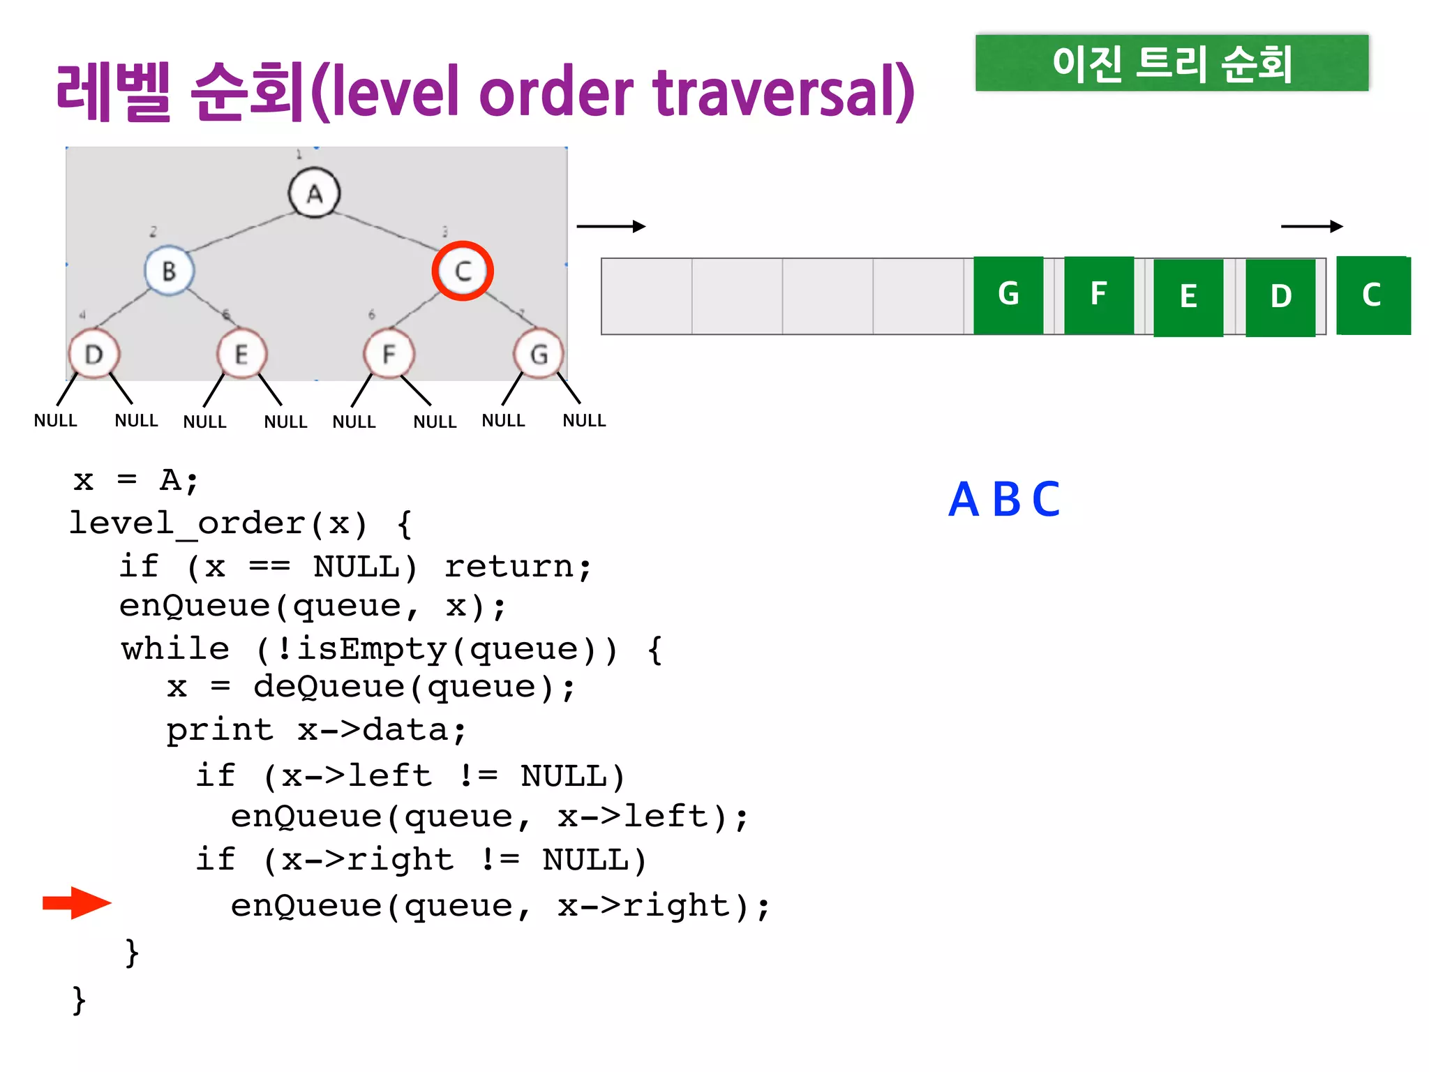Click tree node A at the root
[314, 193]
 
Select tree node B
[169, 271]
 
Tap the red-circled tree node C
[463, 271]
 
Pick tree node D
[94, 355]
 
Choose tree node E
[241, 355]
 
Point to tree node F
[389, 355]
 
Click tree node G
[539, 355]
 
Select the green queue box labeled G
[1008, 295]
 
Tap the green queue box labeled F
[1098, 295]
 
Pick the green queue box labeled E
[1188, 297]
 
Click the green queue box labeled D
[1280, 297]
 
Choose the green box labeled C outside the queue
[1372, 295]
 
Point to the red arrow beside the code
[77, 903]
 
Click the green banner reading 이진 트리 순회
[1172, 63]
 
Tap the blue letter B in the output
[1006, 500]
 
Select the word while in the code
[175, 649]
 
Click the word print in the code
[220, 731]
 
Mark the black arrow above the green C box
[1312, 226]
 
